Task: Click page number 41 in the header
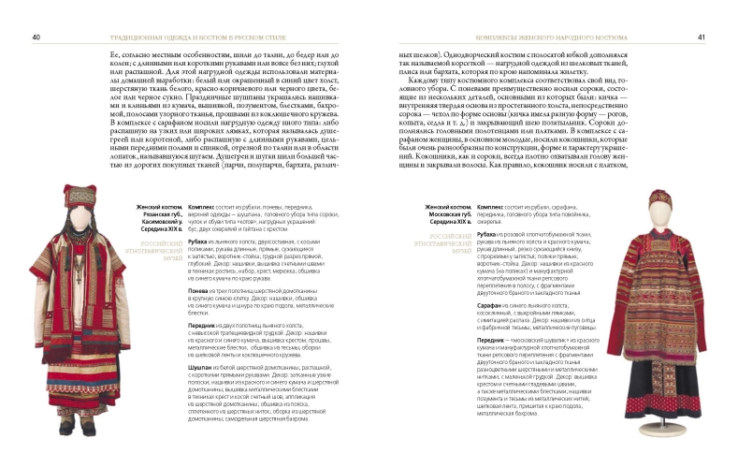click(x=701, y=38)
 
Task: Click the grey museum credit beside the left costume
click(x=154, y=245)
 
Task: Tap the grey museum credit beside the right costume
click(x=448, y=244)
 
